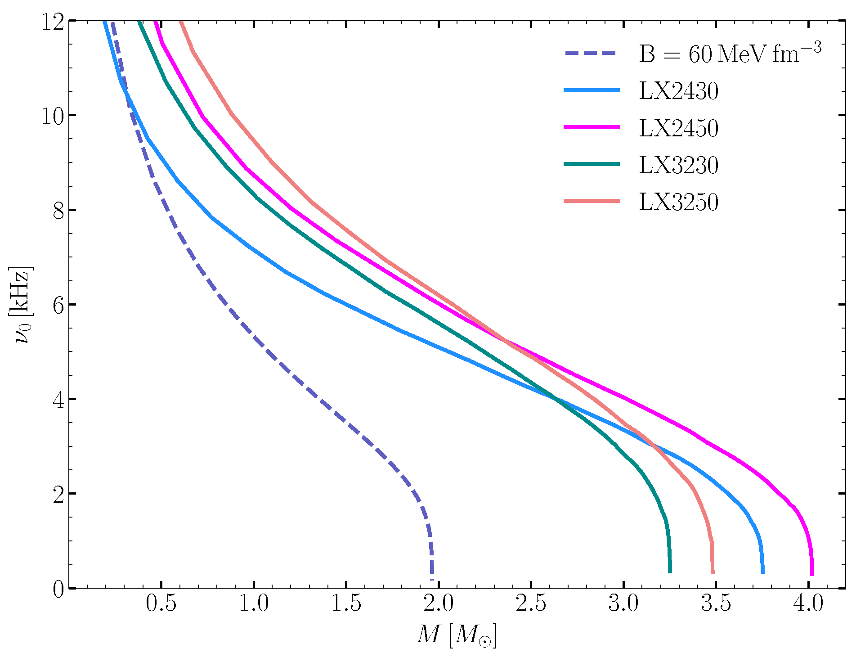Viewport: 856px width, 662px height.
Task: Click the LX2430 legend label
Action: tap(678, 91)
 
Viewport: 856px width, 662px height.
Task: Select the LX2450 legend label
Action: tap(678, 128)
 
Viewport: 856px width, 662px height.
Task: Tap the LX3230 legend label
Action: tap(678, 165)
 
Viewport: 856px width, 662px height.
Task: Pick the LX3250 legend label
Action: tap(678, 202)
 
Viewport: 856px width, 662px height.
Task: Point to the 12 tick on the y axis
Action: tap(53, 22)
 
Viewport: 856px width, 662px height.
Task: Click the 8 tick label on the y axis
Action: tap(58, 211)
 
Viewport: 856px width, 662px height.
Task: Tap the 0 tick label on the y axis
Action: tap(58, 589)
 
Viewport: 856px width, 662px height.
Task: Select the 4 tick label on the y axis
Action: tap(58, 400)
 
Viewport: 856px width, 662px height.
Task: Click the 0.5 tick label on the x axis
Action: tap(161, 603)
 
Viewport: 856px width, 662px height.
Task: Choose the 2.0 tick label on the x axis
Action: tap(439, 603)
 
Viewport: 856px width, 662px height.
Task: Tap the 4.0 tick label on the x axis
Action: tap(808, 603)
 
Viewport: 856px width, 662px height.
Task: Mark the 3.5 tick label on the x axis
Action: tap(716, 603)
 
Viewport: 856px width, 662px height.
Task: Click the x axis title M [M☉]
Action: tap(457, 635)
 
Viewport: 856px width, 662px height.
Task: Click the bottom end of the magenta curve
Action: tap(812, 573)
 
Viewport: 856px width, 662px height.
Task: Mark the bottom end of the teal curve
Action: tap(670, 572)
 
